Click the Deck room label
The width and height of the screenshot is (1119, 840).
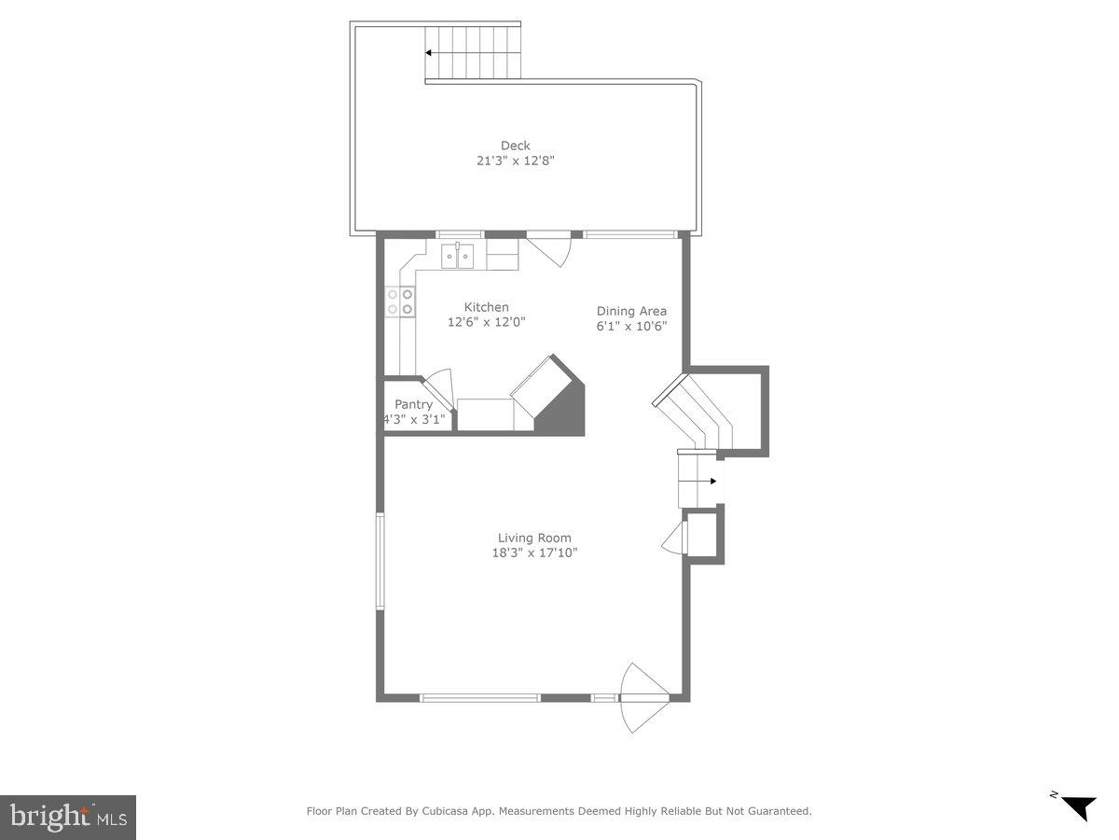515,146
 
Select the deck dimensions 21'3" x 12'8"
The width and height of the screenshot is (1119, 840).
515,161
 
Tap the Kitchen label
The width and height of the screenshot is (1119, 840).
487,307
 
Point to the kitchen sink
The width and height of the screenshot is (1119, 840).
457,256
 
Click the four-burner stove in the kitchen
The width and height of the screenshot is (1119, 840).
400,301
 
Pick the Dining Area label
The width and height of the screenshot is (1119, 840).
631,311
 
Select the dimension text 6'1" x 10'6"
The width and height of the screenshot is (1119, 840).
631,327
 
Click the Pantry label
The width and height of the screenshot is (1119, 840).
413,404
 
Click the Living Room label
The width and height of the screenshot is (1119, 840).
534,538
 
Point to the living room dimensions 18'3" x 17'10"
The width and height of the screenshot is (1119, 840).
534,553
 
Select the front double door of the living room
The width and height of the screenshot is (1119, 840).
643,697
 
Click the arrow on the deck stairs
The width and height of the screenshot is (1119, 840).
430,53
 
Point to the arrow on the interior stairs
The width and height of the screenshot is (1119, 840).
713,482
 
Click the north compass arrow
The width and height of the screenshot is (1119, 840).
1079,806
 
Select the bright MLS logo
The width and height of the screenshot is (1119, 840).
68,818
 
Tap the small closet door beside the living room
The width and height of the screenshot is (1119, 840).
673,539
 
